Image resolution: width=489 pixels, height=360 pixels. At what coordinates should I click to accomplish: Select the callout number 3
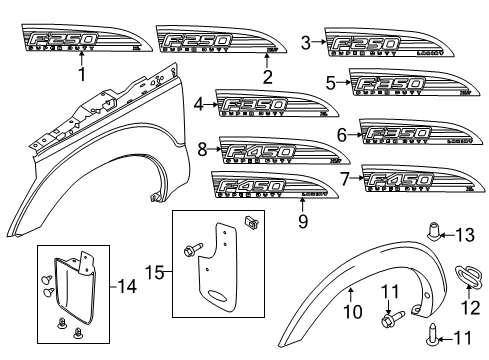coord(306,41)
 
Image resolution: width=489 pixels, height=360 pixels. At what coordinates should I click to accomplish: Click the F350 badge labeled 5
coord(410,84)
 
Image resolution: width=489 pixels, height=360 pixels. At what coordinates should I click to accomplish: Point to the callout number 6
coord(342,134)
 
